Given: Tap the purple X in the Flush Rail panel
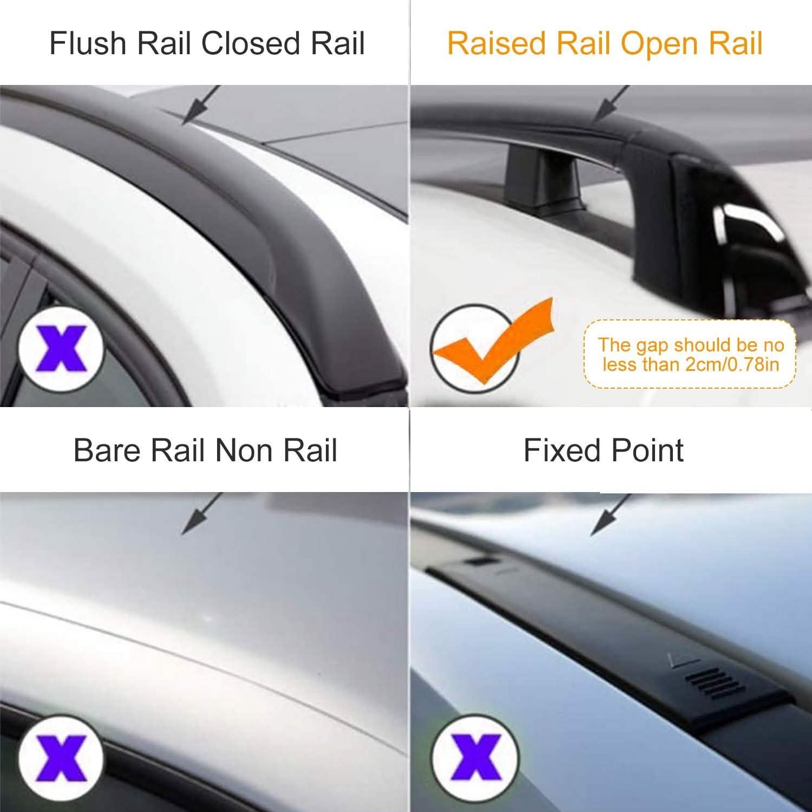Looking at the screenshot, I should click(61, 347).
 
